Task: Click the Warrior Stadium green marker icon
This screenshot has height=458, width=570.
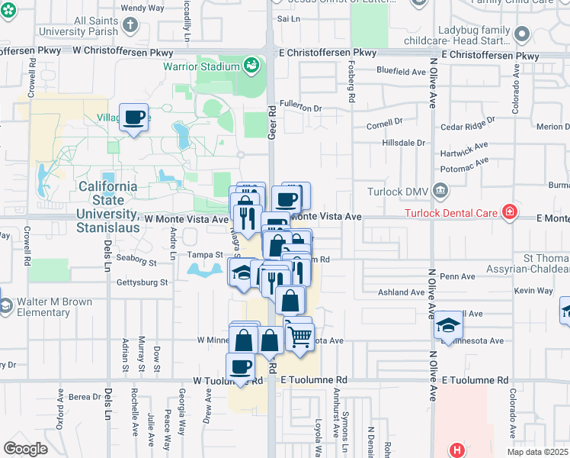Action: click(251, 66)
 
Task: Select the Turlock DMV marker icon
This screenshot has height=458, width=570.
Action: click(440, 190)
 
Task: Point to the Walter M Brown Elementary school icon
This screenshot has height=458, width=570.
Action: click(4, 306)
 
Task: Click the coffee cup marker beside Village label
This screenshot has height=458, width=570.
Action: click(134, 118)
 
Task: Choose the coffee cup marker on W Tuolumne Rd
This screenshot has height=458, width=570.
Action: click(241, 366)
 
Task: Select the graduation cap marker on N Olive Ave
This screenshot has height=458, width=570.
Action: click(447, 323)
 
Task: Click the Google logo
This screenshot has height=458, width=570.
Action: click(26, 449)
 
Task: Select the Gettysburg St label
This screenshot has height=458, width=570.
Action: click(142, 282)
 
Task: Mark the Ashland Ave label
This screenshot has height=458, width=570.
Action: click(401, 292)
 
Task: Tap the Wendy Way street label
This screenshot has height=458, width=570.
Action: click(142, 8)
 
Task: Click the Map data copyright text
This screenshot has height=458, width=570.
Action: click(537, 452)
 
